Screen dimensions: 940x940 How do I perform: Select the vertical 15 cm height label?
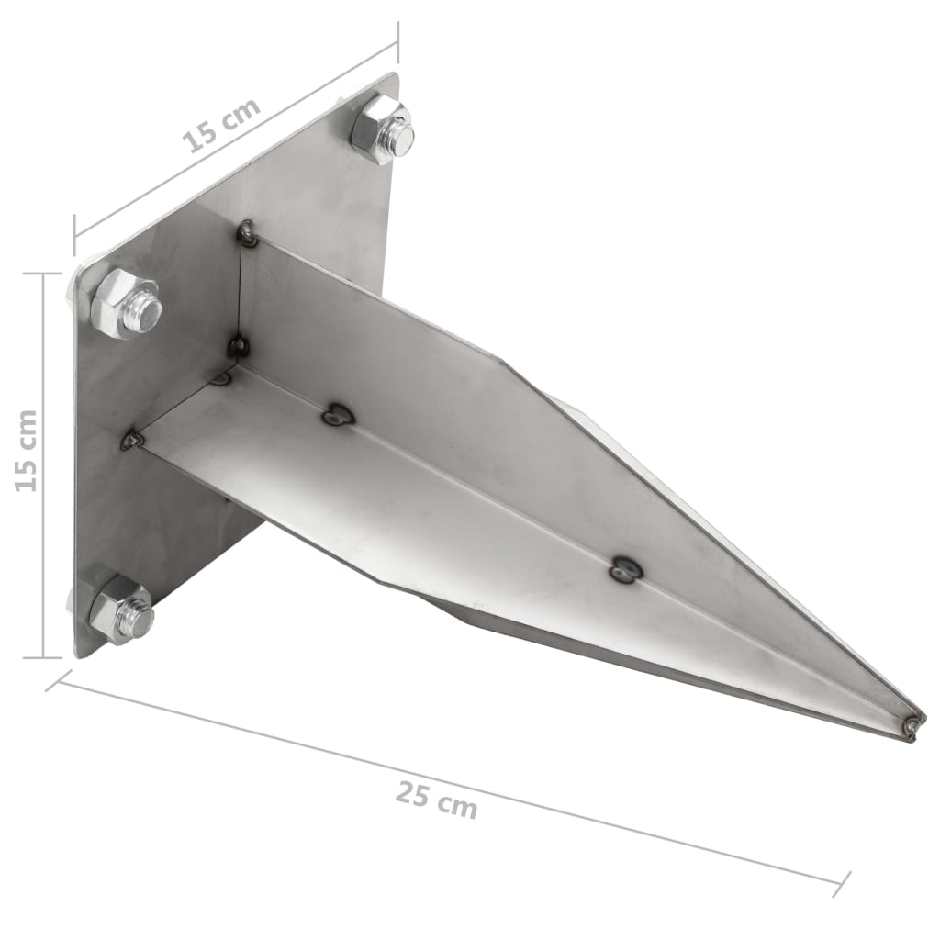[28, 450]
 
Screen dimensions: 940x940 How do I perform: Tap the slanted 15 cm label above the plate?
[220, 124]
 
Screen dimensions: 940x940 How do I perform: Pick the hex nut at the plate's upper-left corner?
[123, 303]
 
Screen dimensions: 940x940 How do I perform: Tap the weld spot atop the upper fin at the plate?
[246, 234]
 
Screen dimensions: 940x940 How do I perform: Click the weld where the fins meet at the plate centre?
[238, 345]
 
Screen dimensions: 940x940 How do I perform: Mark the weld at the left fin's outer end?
[133, 441]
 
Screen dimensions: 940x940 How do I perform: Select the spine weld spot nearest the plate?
[337, 416]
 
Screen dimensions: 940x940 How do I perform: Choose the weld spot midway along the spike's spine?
[625, 571]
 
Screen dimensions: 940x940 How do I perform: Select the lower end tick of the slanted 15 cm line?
[74, 234]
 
